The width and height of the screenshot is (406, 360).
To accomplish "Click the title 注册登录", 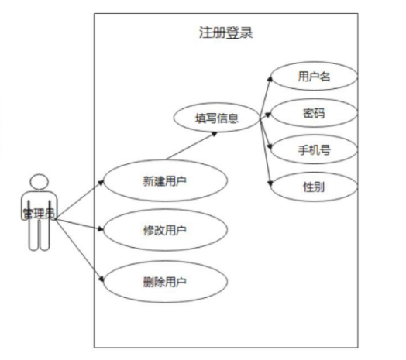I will (225, 33).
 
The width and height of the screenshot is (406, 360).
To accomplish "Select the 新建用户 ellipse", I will (165, 182).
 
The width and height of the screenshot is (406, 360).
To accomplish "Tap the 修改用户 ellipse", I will (165, 230).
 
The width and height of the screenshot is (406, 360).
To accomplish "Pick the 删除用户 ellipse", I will (165, 280).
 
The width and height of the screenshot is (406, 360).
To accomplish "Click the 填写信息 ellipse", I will (216, 119).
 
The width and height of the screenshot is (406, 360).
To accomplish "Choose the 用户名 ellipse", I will (313, 77).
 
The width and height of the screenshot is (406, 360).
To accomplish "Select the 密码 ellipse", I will (313, 114).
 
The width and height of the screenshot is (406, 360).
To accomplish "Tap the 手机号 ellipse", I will (313, 150).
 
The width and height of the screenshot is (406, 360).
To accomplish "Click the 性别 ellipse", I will (313, 187).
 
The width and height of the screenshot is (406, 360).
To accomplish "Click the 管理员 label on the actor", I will (39, 213).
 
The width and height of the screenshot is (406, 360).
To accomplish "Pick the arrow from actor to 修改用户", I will (81, 225).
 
